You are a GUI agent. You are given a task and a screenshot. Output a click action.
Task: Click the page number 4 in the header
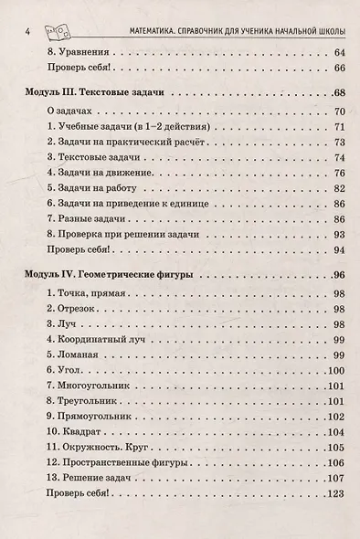(30, 33)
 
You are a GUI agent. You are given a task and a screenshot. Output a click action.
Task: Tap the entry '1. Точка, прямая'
(90, 295)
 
